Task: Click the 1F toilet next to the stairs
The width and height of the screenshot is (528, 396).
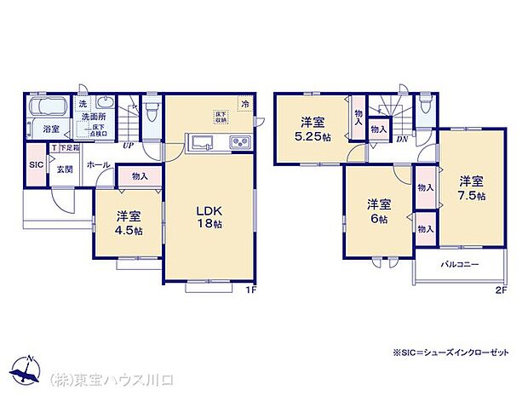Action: tap(151, 112)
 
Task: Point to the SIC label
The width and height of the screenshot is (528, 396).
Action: tap(36, 164)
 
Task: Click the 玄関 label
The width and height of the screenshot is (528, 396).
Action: tap(66, 169)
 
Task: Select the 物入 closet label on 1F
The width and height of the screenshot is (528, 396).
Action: tap(140, 176)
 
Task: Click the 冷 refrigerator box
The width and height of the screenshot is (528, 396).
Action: tap(245, 105)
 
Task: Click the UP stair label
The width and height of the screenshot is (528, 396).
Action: tap(128, 146)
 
